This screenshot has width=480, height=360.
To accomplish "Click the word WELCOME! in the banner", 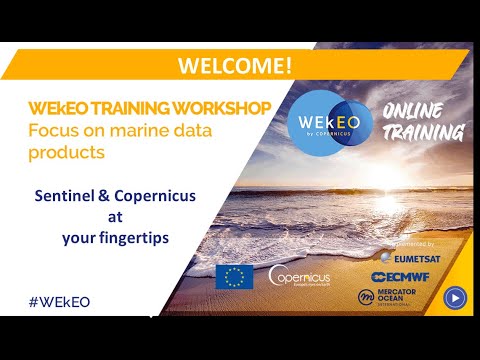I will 235,65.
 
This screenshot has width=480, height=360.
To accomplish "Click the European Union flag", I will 234,275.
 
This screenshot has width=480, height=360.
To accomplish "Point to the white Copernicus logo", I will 300,275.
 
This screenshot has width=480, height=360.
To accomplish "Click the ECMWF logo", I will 406,277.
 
